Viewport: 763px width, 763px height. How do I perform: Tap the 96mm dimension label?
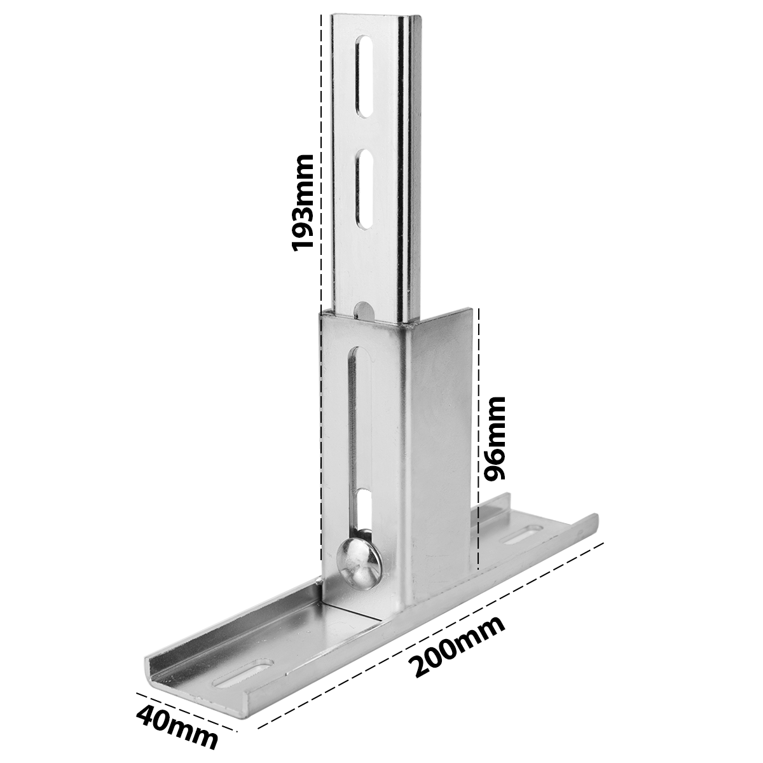pos(495,438)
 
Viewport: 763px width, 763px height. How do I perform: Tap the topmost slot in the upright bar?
pos(365,77)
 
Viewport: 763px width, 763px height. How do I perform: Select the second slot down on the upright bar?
pos(365,189)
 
